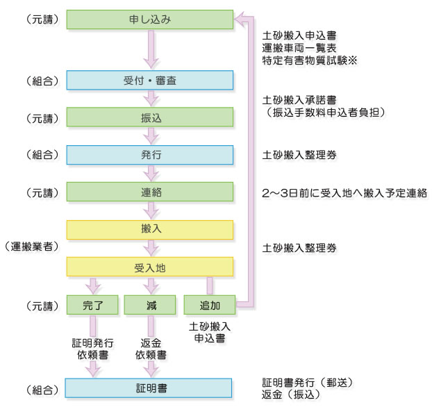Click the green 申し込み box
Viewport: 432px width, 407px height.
tap(149, 19)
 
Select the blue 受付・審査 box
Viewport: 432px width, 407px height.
tap(149, 80)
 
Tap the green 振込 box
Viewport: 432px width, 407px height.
tap(149, 117)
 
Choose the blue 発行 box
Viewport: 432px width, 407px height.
tap(149, 154)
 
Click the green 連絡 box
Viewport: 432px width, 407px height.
tap(149, 192)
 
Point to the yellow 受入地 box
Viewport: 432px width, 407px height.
tap(149, 266)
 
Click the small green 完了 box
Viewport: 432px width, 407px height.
tap(92, 304)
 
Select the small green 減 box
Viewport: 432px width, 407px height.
tap(149, 304)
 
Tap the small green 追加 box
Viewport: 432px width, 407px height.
tap(209, 304)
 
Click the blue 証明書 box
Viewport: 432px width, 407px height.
tap(149, 387)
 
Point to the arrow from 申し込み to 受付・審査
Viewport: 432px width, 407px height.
tap(149, 49)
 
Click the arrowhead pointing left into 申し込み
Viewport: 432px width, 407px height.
tap(240, 19)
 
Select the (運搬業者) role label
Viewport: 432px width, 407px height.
tap(30, 247)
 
